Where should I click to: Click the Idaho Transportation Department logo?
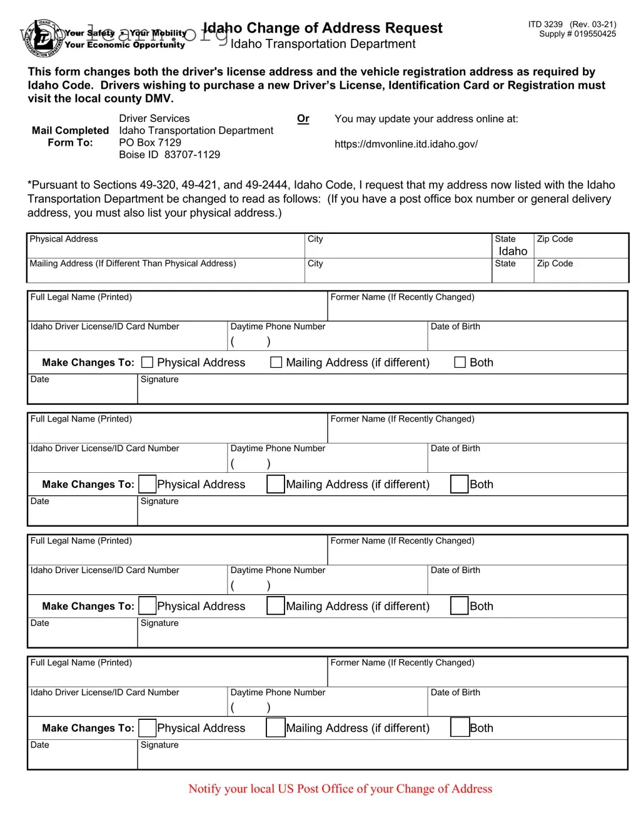tap(43, 38)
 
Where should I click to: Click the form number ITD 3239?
tap(545, 24)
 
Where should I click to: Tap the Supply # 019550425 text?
tap(577, 34)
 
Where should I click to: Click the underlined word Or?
tap(303, 119)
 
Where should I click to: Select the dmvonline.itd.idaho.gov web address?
tap(406, 144)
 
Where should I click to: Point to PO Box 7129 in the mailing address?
tap(150, 143)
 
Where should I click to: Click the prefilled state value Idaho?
tap(513, 251)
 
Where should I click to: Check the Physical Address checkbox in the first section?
tap(148, 362)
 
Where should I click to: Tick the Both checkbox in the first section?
tap(460, 362)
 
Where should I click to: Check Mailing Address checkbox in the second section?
tap(276, 484)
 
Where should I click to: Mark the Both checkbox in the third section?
tap(460, 606)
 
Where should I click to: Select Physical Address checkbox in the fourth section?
tap(148, 728)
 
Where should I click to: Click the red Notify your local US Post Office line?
tap(340, 789)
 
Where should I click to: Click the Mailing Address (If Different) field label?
tap(133, 264)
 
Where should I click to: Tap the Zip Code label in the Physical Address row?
tap(555, 239)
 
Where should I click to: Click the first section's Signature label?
tap(159, 380)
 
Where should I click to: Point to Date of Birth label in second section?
tap(455, 448)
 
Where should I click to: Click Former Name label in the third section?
tap(402, 541)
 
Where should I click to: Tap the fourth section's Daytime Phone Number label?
tap(278, 692)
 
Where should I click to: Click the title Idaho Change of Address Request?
tap(323, 28)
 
